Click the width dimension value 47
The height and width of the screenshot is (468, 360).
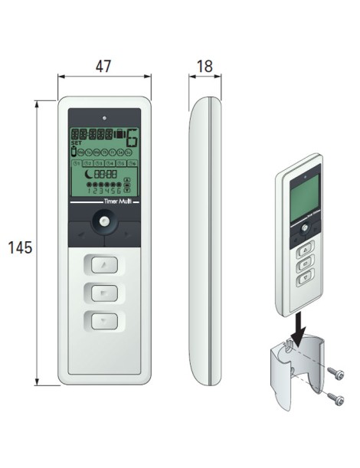(103, 66)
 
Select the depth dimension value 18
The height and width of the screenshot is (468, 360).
(204, 66)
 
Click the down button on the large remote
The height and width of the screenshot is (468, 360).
(103, 319)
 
